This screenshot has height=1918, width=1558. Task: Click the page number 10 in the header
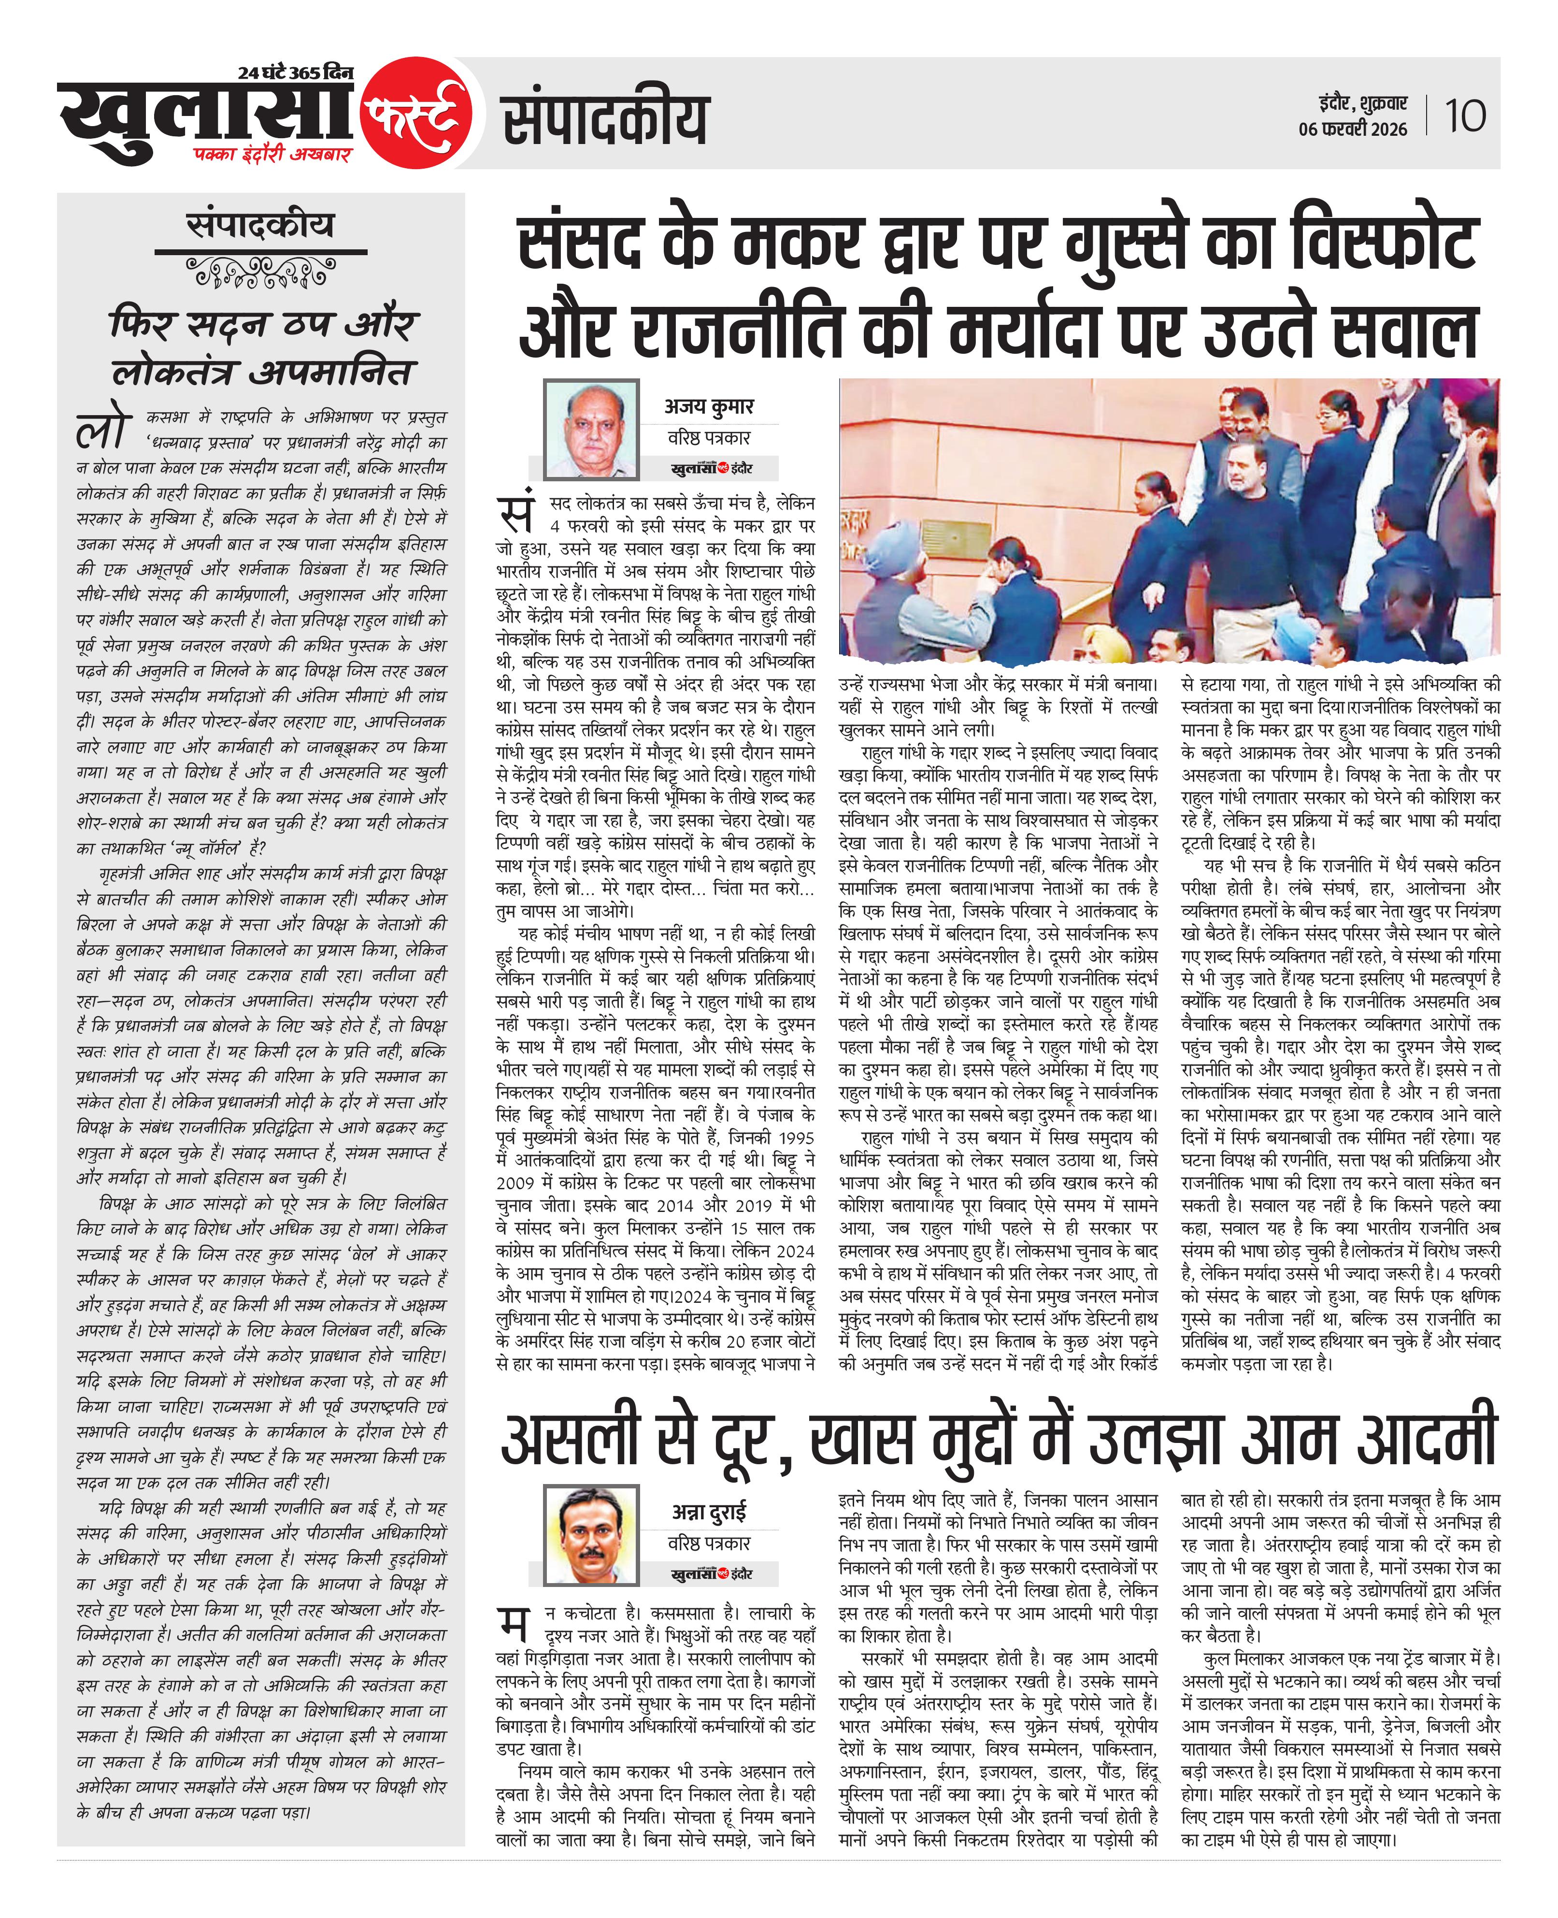(1465, 116)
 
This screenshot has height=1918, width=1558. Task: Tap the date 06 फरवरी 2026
(1353, 129)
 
